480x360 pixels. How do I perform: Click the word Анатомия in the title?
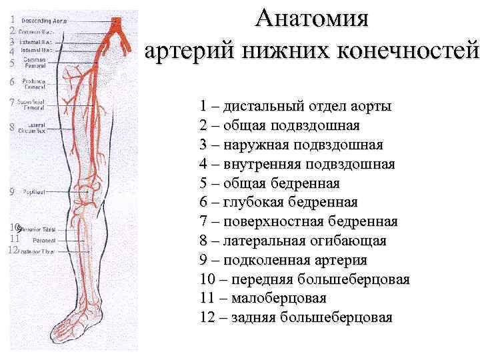click(x=312, y=17)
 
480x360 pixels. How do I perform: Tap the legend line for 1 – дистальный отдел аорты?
click(x=295, y=107)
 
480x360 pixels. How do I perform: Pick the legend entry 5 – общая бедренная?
click(x=269, y=183)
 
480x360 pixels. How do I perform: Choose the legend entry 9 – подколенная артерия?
click(x=283, y=260)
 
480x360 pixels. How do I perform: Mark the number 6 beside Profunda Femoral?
click(x=12, y=82)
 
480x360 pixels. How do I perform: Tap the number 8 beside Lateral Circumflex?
click(x=12, y=127)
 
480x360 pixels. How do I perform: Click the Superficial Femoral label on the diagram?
click(x=34, y=104)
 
